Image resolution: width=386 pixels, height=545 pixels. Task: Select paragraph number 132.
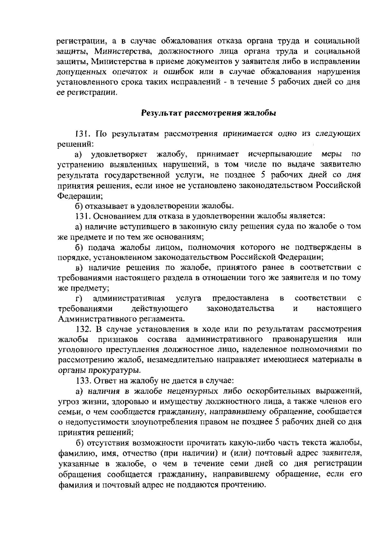[x=84, y=329]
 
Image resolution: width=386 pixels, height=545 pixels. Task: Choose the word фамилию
[x=74, y=454]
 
